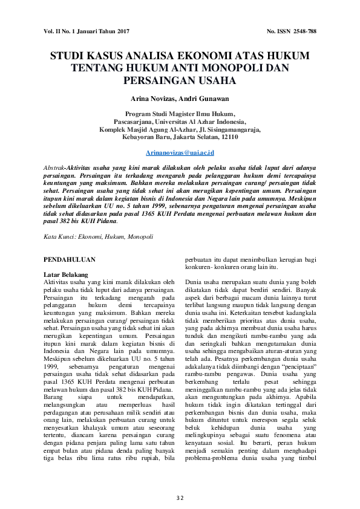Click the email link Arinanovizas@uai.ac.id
coord(180,154)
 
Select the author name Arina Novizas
coord(155,98)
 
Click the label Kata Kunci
coord(59,236)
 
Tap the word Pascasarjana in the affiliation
coord(134,121)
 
